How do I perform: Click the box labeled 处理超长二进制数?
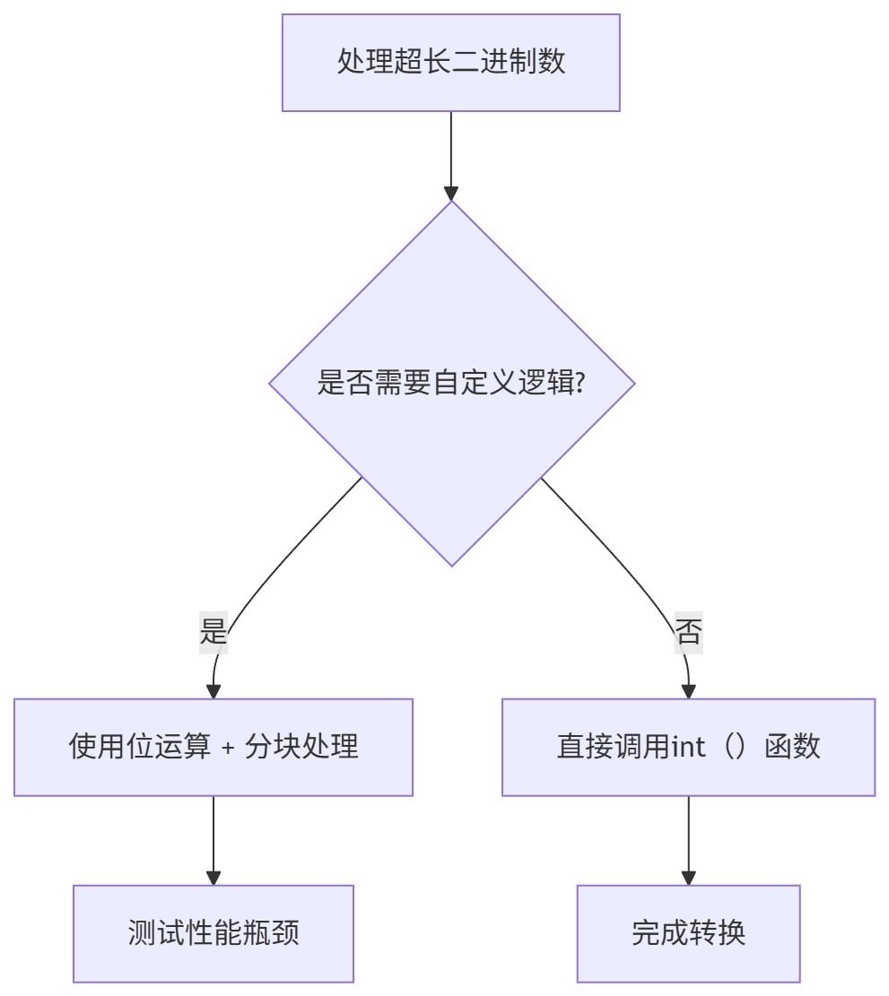click(451, 63)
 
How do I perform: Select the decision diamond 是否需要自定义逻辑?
click(451, 384)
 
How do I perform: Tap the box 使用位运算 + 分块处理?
click(214, 748)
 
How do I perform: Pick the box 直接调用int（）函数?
click(688, 748)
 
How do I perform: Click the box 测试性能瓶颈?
click(214, 934)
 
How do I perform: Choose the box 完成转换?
click(688, 934)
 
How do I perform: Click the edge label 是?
click(214, 633)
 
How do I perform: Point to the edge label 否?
click(688, 633)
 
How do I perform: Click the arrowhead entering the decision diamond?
click(451, 193)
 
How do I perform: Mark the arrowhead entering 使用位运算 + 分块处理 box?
click(214, 691)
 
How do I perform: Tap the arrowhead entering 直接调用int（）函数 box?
click(688, 691)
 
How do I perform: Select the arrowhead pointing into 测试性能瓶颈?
click(214, 878)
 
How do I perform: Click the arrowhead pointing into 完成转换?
click(688, 878)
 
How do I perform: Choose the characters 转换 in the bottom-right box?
click(717, 934)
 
